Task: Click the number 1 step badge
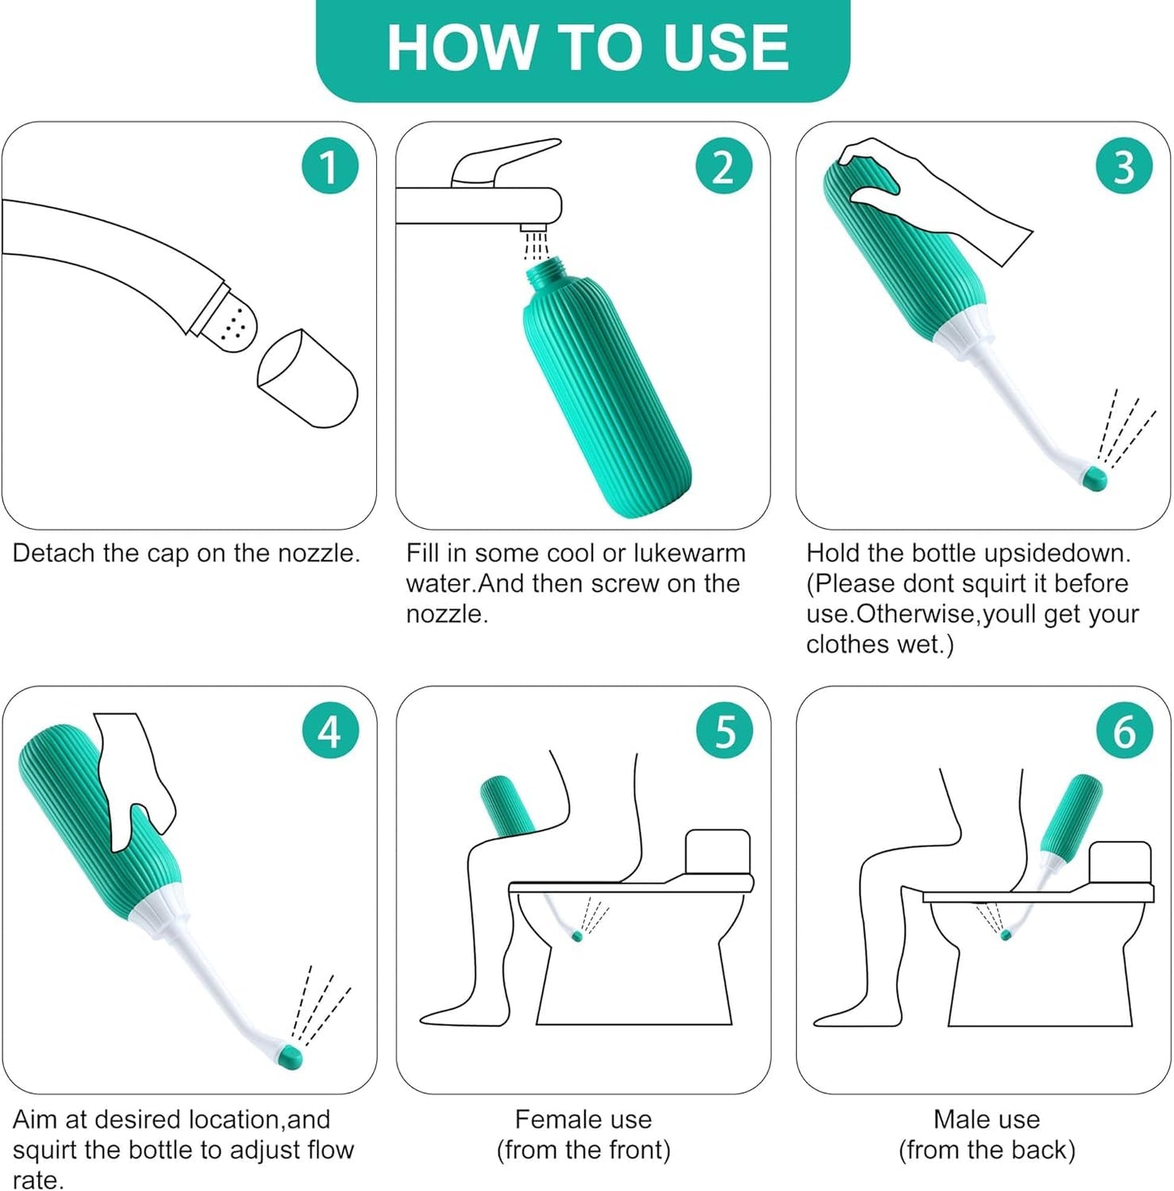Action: pyautogui.click(x=330, y=166)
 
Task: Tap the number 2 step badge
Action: pyautogui.click(x=724, y=166)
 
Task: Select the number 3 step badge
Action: pyautogui.click(x=1124, y=166)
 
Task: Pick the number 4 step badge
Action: pyautogui.click(x=330, y=732)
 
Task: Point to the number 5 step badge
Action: pyautogui.click(x=724, y=732)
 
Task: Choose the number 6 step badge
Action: pyautogui.click(x=1124, y=732)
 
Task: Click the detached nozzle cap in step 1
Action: pyautogui.click(x=308, y=379)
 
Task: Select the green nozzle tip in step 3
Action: pyautogui.click(x=1095, y=477)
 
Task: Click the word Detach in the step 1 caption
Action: pyautogui.click(x=54, y=553)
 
